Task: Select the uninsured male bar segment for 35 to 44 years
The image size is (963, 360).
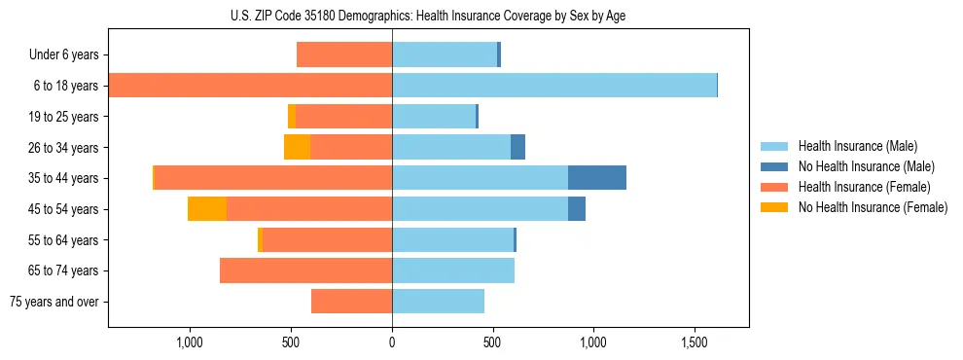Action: [x=596, y=178]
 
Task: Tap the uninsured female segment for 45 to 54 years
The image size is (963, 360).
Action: [x=207, y=209]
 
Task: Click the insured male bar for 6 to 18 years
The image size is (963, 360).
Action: [x=554, y=86]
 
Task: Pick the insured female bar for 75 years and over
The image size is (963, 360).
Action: [x=351, y=302]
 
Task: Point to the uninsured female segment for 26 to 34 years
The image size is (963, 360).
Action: [x=297, y=147]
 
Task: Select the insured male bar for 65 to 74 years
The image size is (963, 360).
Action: [x=453, y=270]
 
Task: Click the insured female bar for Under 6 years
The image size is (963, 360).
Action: [x=344, y=54]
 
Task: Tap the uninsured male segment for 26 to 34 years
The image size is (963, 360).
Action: [x=517, y=147]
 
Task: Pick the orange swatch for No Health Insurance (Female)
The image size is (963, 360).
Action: [x=774, y=207]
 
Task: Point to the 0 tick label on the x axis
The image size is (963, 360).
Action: [x=392, y=343]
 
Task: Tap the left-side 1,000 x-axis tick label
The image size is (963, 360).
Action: [x=189, y=343]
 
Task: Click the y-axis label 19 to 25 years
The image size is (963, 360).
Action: [x=63, y=117]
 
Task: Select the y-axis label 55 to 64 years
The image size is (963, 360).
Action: [x=63, y=240]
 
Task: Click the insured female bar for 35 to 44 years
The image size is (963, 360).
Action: [x=273, y=178]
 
